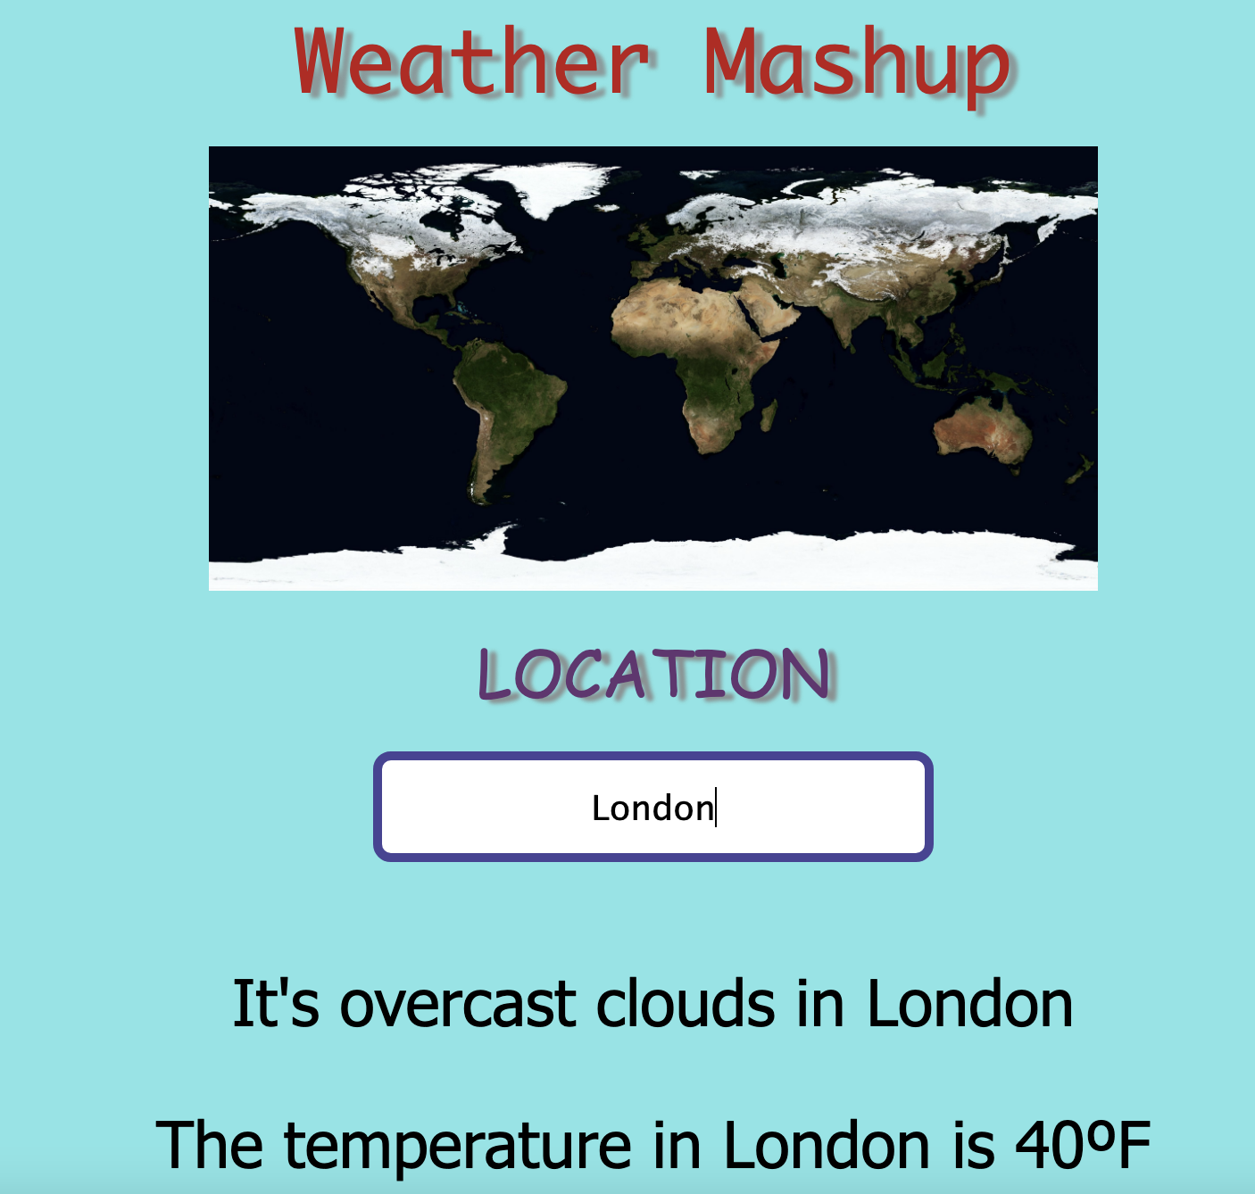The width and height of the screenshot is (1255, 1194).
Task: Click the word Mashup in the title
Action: click(857, 62)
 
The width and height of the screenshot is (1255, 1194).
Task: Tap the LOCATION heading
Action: click(656, 675)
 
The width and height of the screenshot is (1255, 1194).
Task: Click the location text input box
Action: click(653, 807)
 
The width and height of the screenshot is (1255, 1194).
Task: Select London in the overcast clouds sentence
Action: click(969, 1004)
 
